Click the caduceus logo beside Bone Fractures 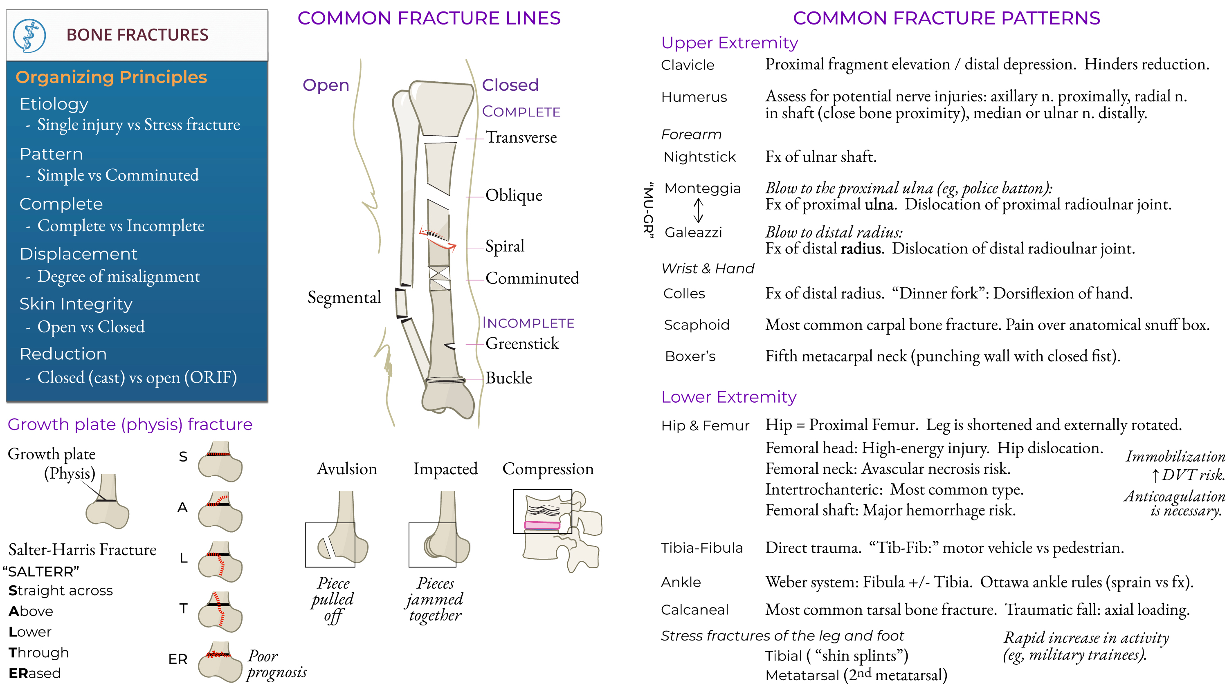[29, 35]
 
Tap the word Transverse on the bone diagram [521, 137]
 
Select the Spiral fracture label [504, 246]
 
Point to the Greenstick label [521, 343]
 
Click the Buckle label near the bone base [508, 378]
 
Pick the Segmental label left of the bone [344, 297]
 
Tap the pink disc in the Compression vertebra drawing [542, 525]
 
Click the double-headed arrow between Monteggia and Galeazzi [698, 210]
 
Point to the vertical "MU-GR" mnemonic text [648, 210]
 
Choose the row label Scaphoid [697, 325]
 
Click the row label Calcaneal [694, 609]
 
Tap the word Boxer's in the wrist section [690, 356]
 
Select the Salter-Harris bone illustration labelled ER [220, 661]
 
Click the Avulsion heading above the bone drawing [347, 468]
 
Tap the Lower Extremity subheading [728, 397]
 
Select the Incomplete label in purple [528, 323]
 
